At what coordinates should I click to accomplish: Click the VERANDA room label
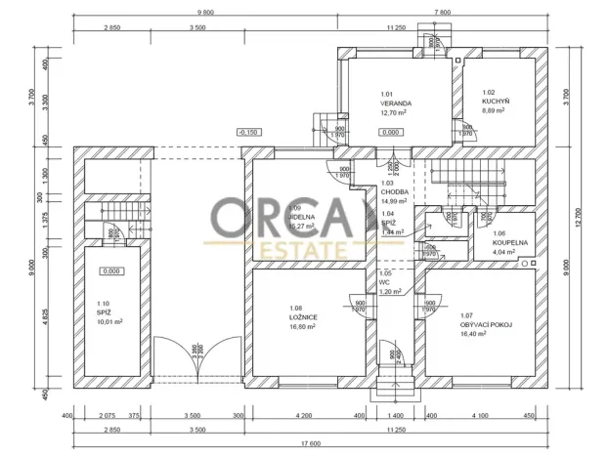click(396, 103)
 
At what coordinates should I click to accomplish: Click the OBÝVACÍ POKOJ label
click(487, 324)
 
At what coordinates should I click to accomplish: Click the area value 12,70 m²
click(395, 112)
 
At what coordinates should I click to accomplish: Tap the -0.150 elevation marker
click(248, 132)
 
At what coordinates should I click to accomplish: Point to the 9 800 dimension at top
click(204, 13)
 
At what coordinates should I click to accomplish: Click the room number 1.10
click(104, 304)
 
